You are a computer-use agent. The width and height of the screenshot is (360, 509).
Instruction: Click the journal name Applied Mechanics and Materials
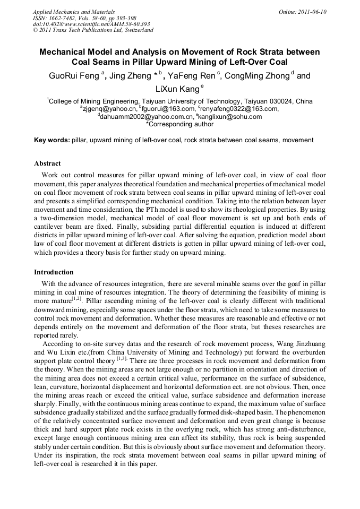tap(74, 11)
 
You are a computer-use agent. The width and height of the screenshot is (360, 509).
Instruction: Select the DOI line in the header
tap(91, 24)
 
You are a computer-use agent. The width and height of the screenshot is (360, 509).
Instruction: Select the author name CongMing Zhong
tap(257, 76)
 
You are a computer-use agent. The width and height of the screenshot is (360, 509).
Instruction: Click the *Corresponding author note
tap(179, 124)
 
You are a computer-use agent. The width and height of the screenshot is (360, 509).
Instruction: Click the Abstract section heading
tap(47, 163)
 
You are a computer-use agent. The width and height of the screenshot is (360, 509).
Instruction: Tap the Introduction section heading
tap(54, 272)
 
